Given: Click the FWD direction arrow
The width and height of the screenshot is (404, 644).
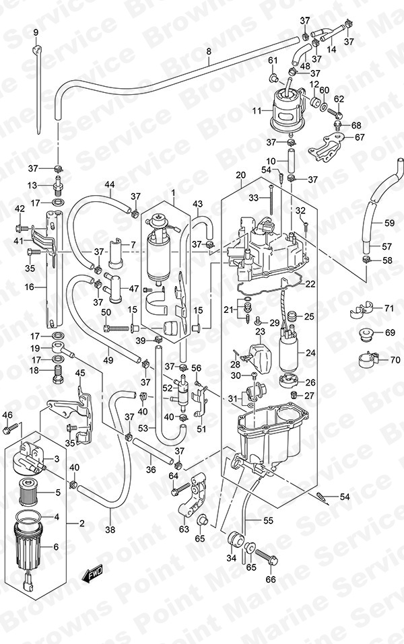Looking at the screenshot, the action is click(x=92, y=573).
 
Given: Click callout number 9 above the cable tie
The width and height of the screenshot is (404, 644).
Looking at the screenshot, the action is click(x=35, y=32).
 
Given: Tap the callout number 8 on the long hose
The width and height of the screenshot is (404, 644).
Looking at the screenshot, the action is click(x=208, y=52).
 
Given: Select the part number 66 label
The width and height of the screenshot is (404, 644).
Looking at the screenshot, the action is click(x=271, y=579).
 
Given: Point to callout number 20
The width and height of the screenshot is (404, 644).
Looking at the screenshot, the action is click(x=240, y=176).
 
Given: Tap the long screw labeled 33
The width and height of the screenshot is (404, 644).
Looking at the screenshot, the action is click(x=271, y=200).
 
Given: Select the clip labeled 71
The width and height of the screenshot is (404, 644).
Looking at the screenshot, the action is click(x=361, y=310).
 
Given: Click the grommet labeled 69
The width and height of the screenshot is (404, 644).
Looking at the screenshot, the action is click(x=365, y=334).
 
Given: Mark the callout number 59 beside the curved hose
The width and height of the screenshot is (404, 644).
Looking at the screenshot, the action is click(x=389, y=223).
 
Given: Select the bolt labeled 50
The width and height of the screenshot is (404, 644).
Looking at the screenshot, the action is click(x=116, y=328).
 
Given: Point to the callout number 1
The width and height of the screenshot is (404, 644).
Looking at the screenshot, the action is click(x=174, y=192).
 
